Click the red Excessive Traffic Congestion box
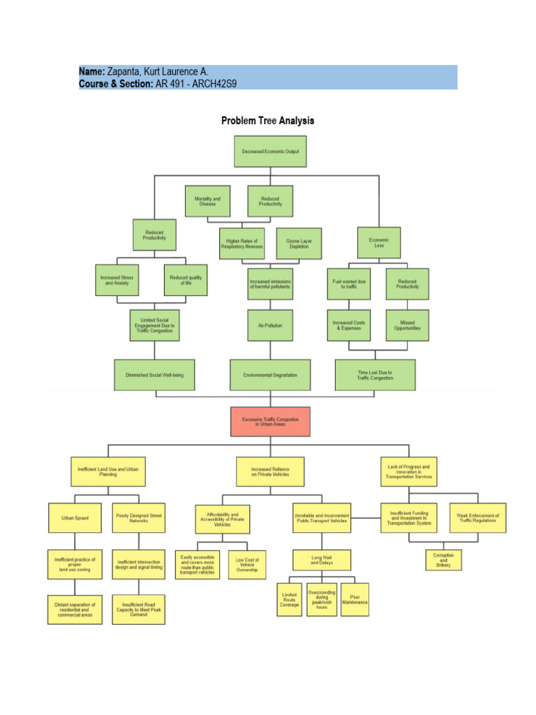coord(270,421)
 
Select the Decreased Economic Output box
coord(270,152)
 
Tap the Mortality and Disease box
coord(207,202)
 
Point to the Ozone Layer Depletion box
coord(299,244)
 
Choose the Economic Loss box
coord(379,242)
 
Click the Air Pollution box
coord(270,325)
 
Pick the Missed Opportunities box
coord(408,325)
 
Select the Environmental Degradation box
coord(270,375)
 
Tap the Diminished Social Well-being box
coord(154,375)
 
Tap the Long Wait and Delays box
coord(322,559)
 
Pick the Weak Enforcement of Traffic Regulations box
coord(477,519)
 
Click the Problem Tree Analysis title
coord(268,120)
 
